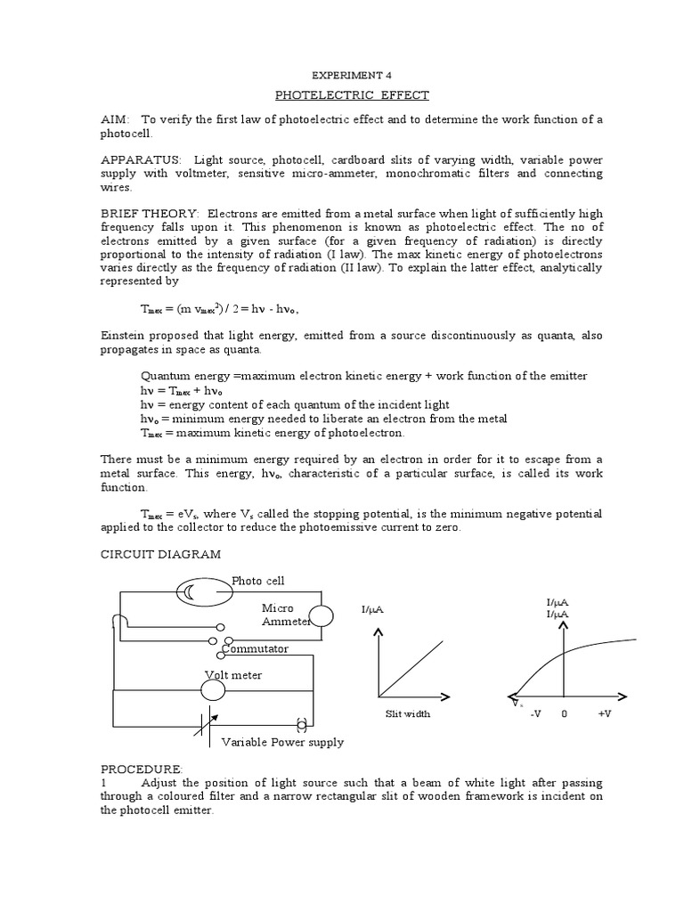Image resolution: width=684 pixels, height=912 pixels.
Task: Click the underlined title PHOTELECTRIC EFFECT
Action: [x=341, y=94]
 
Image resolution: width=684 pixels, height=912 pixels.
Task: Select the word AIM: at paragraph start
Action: [x=114, y=119]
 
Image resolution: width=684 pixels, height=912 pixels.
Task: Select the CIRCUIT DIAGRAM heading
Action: [x=159, y=554]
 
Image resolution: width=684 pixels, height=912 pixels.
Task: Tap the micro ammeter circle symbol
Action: [x=321, y=615]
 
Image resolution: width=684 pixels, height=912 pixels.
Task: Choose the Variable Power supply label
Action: [x=281, y=742]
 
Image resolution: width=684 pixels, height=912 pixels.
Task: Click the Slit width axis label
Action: [x=407, y=714]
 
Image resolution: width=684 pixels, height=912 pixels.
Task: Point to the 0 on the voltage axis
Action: [x=564, y=714]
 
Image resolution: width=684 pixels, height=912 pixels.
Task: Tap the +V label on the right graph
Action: [x=603, y=714]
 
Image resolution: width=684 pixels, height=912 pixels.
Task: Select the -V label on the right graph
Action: [x=535, y=714]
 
